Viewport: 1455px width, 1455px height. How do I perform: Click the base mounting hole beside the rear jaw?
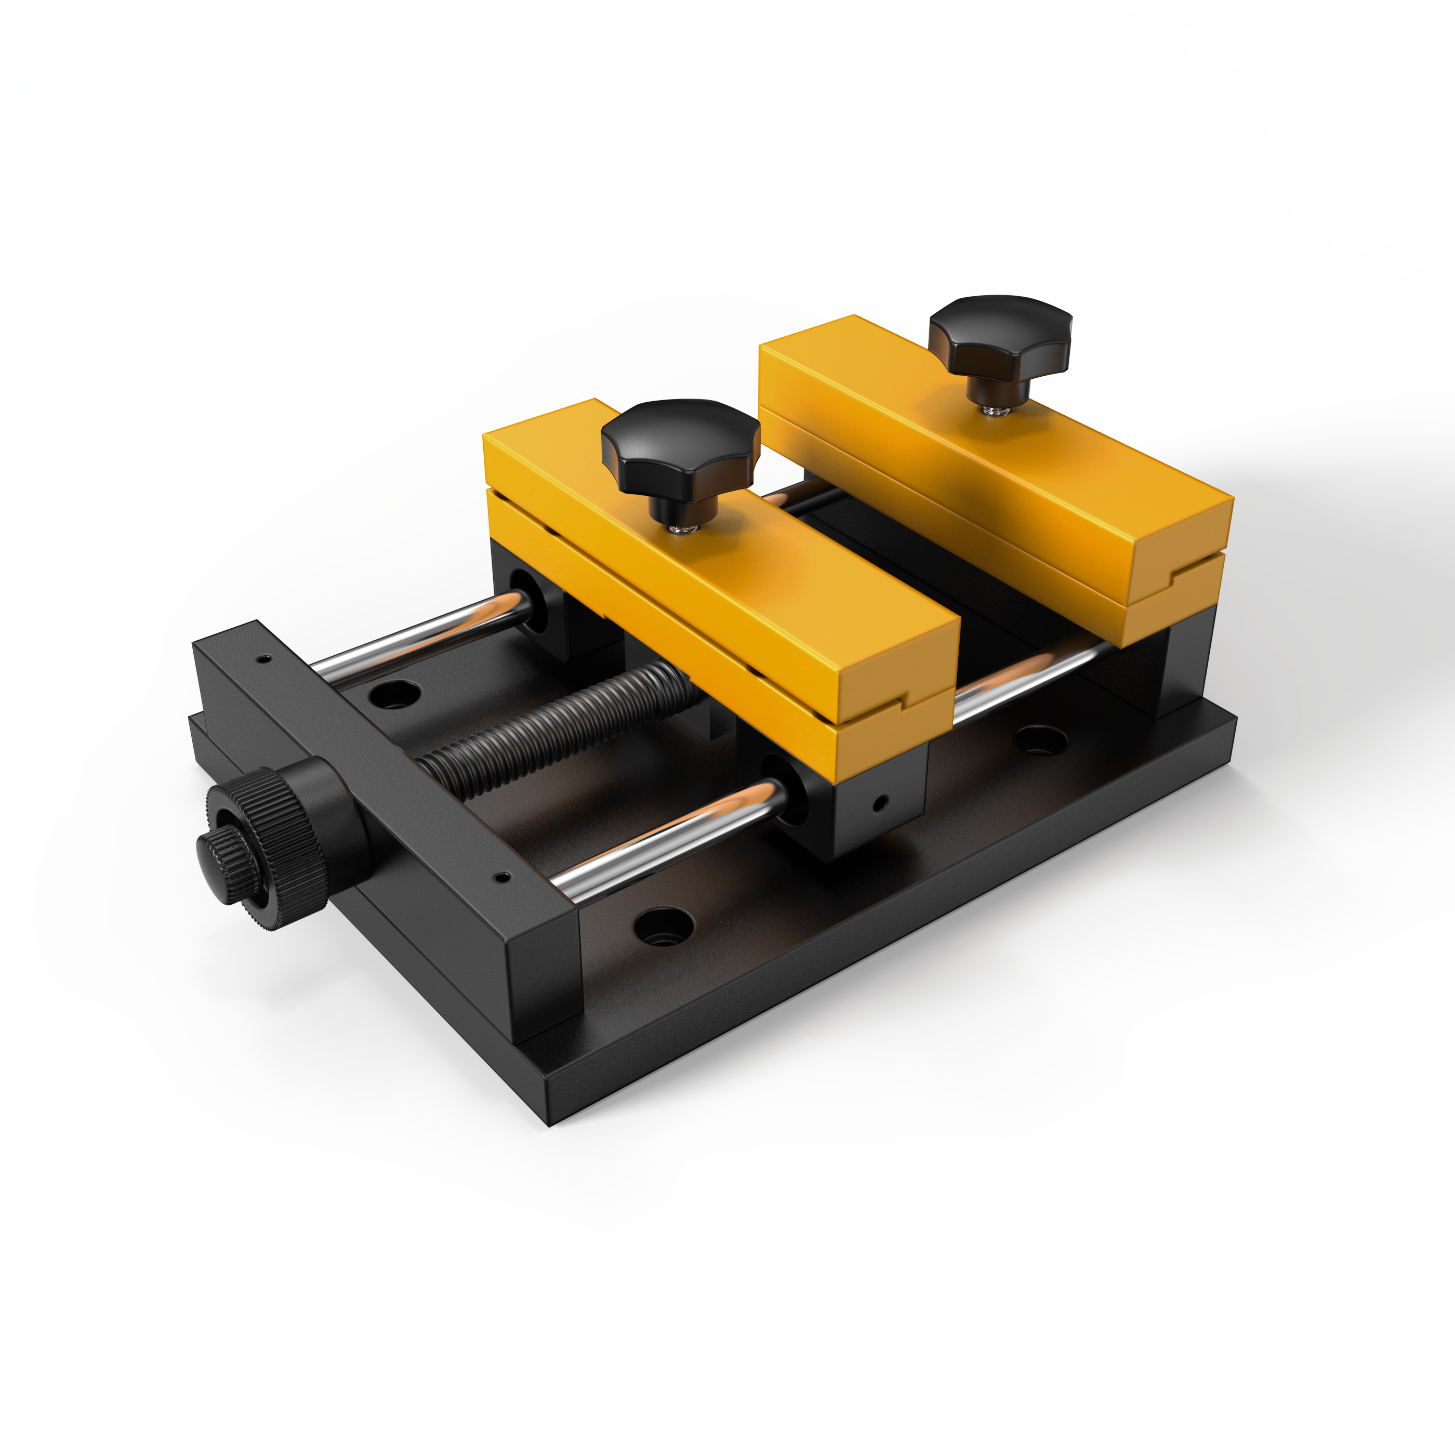point(1041,740)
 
